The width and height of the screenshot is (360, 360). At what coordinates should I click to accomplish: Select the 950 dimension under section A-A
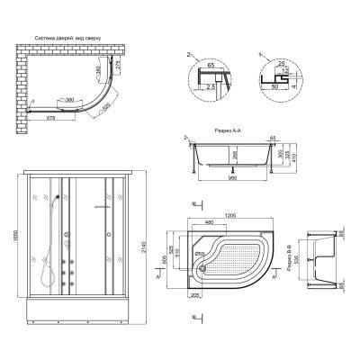point(233,178)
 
